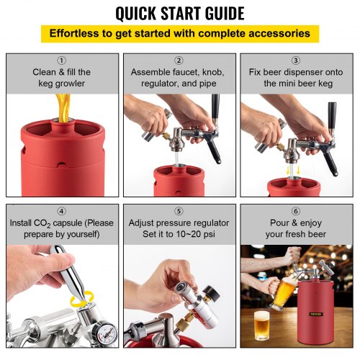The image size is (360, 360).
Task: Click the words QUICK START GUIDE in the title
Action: pyautogui.click(x=179, y=13)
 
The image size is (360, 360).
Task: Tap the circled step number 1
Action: pyautogui.click(x=61, y=60)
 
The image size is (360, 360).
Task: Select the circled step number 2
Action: pyautogui.click(x=179, y=60)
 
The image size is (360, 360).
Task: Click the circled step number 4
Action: pyautogui.click(x=61, y=211)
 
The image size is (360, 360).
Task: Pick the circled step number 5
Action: pyautogui.click(x=179, y=211)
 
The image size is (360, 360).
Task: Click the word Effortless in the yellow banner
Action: pyautogui.click(x=77, y=34)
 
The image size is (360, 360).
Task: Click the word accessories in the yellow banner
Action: pyautogui.click(x=281, y=34)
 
